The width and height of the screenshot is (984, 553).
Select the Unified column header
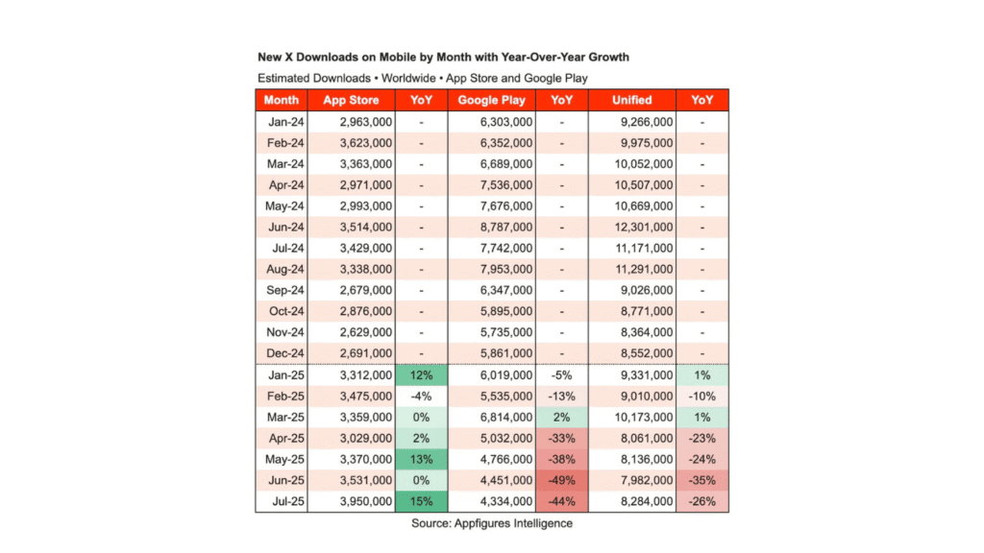[x=632, y=100]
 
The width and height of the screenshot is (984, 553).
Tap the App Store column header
[x=352, y=100]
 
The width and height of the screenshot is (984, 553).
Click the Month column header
[x=282, y=100]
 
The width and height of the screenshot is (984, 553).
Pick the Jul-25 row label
[x=282, y=500]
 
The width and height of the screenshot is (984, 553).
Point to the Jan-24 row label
[x=282, y=123]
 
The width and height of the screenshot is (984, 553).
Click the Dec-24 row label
[x=282, y=352]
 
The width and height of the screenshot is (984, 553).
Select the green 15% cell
[x=421, y=500]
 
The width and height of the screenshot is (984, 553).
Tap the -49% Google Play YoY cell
[x=561, y=479]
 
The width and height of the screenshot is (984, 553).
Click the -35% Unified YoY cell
[x=702, y=479]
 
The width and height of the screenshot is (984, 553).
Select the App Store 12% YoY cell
[x=421, y=374]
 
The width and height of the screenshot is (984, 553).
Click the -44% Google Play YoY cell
[x=561, y=500]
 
